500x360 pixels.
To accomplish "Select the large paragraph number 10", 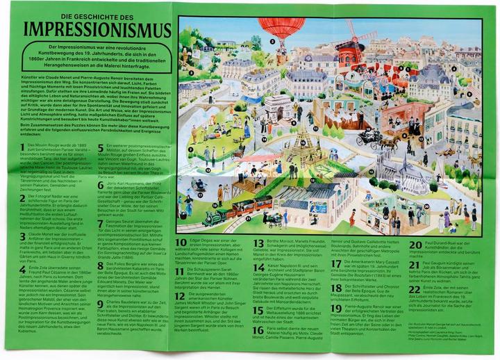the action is click(x=181, y=243).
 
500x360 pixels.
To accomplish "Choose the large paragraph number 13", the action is click(x=259, y=243).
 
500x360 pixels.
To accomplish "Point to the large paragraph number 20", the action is click(x=415, y=245).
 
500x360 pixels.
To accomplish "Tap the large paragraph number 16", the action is click(x=259, y=330).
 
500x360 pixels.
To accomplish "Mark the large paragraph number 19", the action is click(x=337, y=306).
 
